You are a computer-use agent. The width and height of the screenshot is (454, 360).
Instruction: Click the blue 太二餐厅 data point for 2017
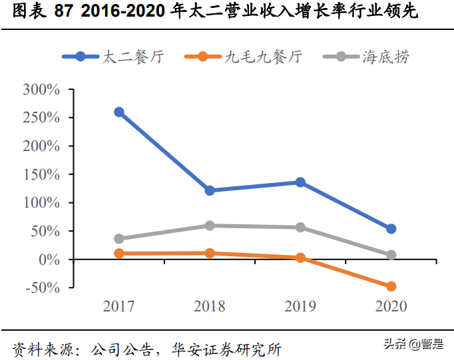click(119, 112)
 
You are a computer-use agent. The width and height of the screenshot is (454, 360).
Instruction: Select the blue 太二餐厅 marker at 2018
click(210, 190)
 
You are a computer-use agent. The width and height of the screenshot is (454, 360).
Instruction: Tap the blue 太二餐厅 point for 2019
click(300, 182)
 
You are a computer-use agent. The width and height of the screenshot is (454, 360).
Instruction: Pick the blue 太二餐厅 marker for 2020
click(391, 229)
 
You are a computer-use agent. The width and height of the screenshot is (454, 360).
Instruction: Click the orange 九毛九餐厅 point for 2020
click(391, 286)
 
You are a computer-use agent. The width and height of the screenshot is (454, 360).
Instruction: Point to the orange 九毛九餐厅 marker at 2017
click(119, 254)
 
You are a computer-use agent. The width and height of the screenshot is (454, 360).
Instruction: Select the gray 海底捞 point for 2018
click(210, 226)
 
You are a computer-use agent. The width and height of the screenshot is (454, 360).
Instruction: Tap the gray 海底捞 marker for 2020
click(391, 255)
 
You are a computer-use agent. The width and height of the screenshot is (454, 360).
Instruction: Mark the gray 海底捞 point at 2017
click(119, 238)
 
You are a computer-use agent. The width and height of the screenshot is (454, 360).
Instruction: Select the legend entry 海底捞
click(386, 57)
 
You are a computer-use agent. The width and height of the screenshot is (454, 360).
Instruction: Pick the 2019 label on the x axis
click(300, 306)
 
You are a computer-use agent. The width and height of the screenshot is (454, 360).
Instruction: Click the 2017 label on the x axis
click(119, 306)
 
